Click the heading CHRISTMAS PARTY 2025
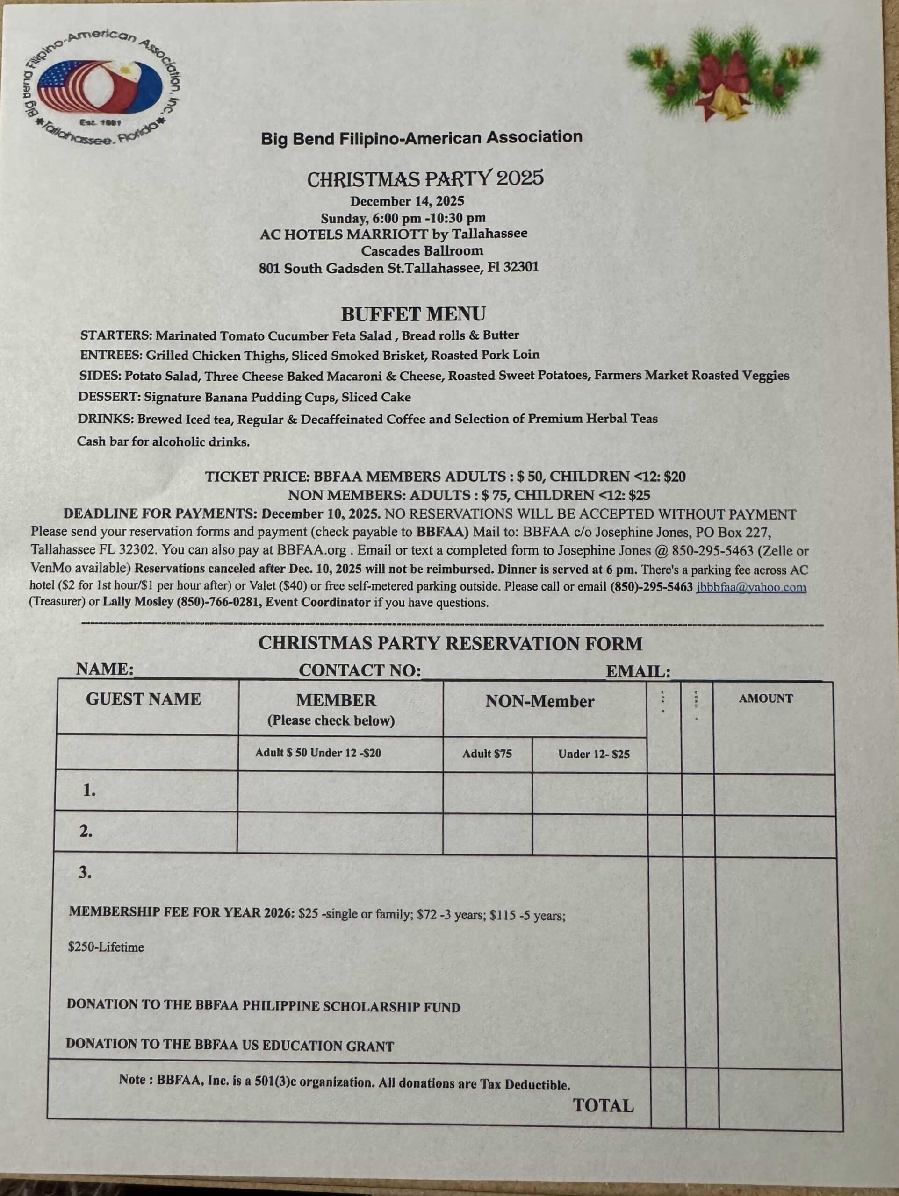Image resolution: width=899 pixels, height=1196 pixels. pos(425,179)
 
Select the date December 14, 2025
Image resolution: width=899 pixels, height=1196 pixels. pos(407,201)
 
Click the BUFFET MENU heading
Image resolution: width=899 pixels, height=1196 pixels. pos(413,314)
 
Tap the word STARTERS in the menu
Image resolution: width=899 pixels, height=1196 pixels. pos(116,335)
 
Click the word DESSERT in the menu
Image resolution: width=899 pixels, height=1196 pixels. pos(109,397)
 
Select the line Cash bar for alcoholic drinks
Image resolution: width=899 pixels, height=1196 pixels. pos(163,442)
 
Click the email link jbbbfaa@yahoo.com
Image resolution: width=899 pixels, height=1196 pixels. pos(751,587)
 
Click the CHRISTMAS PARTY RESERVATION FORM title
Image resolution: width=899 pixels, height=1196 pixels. pos(450,643)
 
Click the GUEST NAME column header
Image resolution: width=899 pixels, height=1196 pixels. pos(144,699)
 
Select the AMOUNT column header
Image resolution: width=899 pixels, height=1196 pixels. pos(765,698)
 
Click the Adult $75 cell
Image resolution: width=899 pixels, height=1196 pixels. pos(487,754)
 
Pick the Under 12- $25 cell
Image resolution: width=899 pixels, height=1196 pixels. pos(593,754)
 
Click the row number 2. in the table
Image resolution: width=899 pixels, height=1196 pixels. pos(86,831)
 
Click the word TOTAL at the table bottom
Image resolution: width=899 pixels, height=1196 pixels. pos(603,1106)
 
